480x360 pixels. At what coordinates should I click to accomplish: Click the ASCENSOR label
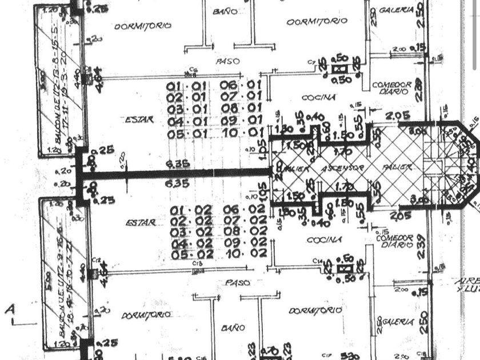342,169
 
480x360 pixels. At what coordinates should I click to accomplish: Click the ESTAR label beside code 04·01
139,119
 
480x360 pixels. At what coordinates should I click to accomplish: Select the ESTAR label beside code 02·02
140,222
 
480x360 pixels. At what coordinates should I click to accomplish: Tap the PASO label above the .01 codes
227,61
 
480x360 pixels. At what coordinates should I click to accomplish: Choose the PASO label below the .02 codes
238,282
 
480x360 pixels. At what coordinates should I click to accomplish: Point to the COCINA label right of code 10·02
324,240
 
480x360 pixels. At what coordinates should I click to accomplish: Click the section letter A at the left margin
10,310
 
